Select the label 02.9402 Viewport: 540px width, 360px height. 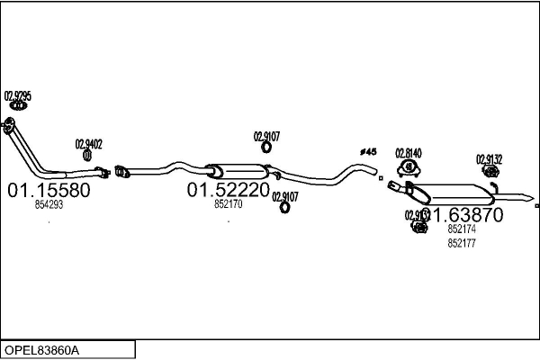pos(88,143)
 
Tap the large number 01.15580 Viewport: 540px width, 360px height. pos(49,191)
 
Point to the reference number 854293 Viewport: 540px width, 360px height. pos(49,205)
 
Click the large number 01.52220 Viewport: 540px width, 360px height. pos(228,191)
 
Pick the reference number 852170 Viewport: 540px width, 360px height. pos(228,205)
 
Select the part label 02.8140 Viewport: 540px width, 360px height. pos(409,153)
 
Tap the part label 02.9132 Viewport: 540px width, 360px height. pos(489,159)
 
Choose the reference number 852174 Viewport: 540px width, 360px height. pos(461,229)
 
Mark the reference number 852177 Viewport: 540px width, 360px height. pos(461,243)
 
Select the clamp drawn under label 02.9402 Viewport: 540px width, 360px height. pos(88,156)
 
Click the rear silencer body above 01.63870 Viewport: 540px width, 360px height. pos(454,193)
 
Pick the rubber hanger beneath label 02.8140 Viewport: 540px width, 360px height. pos(409,166)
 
